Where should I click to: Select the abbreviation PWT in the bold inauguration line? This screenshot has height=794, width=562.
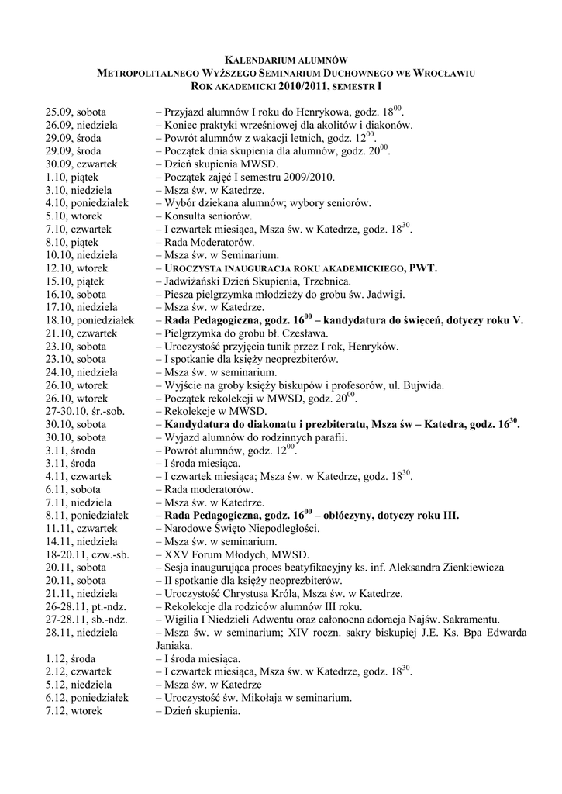coord(422,268)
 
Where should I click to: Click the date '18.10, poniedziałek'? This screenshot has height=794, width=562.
coord(90,319)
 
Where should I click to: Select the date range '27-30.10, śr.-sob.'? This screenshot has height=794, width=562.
coord(88,411)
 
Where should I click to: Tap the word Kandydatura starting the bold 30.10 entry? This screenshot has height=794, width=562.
coord(200,424)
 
